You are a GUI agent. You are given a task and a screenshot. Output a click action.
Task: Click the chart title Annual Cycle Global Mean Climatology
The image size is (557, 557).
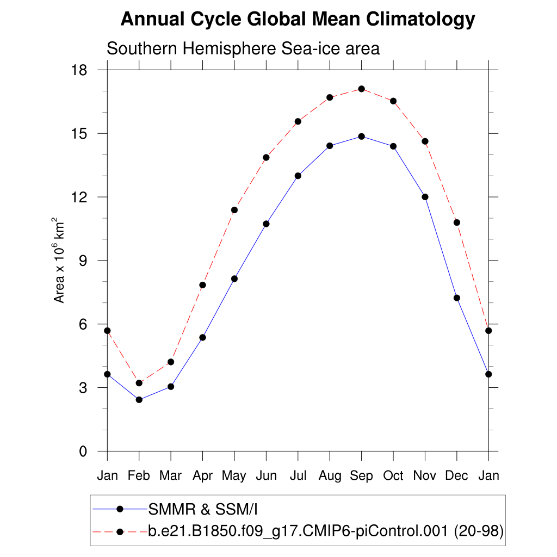tap(298, 20)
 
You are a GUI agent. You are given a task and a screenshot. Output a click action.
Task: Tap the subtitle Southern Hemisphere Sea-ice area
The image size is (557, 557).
tap(243, 48)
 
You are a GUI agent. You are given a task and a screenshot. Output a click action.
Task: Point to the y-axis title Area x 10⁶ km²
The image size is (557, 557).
tap(59, 261)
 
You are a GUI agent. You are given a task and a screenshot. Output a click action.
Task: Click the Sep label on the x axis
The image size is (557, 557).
tap(361, 476)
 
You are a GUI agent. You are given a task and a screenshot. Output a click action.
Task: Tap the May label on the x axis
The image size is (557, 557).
tap(234, 476)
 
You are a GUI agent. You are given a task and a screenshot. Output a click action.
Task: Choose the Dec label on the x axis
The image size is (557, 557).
tap(456, 476)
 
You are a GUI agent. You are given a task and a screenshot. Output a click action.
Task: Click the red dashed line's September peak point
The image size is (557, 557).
tap(361, 89)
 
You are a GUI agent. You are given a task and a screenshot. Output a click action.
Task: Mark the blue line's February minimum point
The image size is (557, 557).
tap(139, 400)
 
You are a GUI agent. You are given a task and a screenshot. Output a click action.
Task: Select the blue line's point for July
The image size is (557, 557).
tap(298, 176)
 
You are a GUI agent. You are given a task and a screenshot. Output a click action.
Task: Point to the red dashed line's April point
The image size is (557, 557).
tap(202, 285)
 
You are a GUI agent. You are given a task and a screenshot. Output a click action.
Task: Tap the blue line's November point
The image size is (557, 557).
tap(425, 197)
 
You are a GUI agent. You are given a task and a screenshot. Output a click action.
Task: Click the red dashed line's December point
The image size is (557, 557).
tap(456, 222)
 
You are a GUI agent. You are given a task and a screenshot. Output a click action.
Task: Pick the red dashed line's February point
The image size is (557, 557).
tap(139, 383)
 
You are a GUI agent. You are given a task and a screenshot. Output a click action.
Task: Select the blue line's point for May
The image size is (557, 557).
tap(234, 278)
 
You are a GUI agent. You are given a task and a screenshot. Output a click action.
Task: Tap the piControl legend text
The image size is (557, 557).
tap(326, 530)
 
